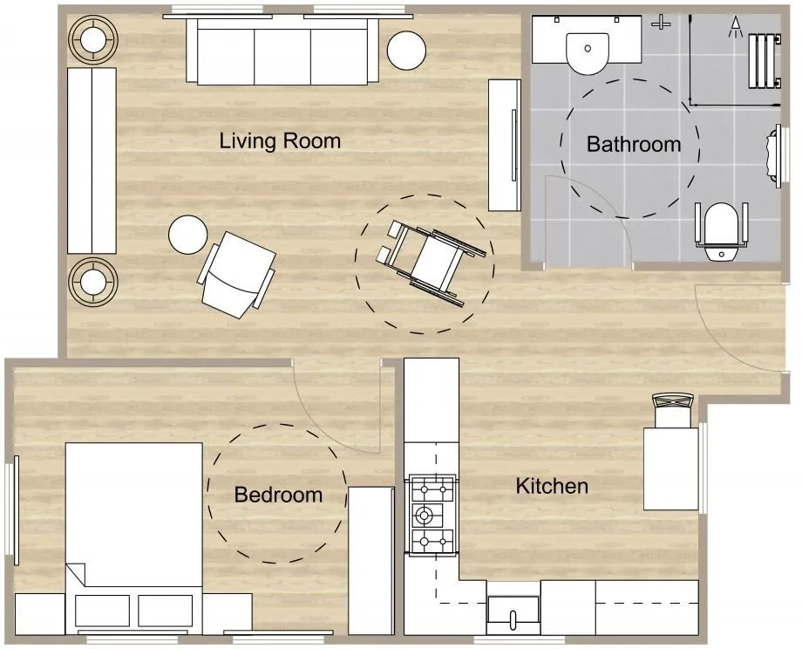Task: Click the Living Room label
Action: [280, 140]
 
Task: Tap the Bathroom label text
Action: [633, 144]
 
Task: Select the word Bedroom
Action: [278, 495]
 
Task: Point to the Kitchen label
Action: [552, 486]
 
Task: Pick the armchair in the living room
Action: [237, 274]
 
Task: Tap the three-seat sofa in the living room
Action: [282, 51]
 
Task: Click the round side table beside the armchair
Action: [187, 235]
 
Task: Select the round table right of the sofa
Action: [406, 51]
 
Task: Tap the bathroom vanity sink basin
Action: [588, 52]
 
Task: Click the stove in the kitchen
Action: [432, 515]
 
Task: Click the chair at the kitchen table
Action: [673, 409]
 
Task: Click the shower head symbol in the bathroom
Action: [736, 27]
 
